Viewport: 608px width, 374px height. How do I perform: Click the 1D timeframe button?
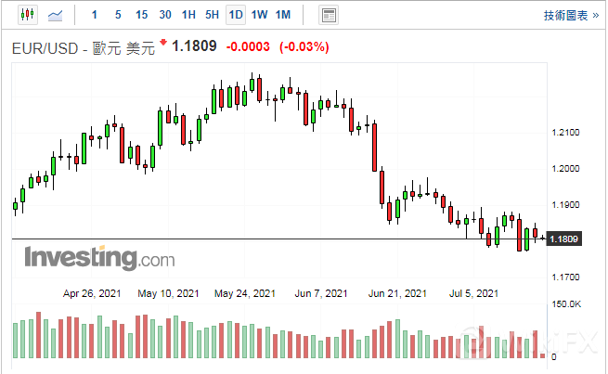[x=236, y=15]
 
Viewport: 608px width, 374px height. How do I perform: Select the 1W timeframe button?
[x=259, y=15]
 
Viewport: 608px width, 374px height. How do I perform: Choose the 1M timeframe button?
[x=283, y=15]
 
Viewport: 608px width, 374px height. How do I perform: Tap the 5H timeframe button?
[x=212, y=15]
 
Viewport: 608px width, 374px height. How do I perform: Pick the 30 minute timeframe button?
[x=165, y=15]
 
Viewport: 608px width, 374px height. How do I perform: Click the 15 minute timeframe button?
[x=141, y=15]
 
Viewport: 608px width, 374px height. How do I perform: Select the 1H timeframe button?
[x=188, y=15]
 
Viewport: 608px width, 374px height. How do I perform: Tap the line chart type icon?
[x=56, y=15]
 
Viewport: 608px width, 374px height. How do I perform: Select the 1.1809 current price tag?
[x=564, y=239]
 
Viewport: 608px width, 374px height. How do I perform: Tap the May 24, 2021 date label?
[x=244, y=293]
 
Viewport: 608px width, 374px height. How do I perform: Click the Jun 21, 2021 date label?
[x=397, y=293]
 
